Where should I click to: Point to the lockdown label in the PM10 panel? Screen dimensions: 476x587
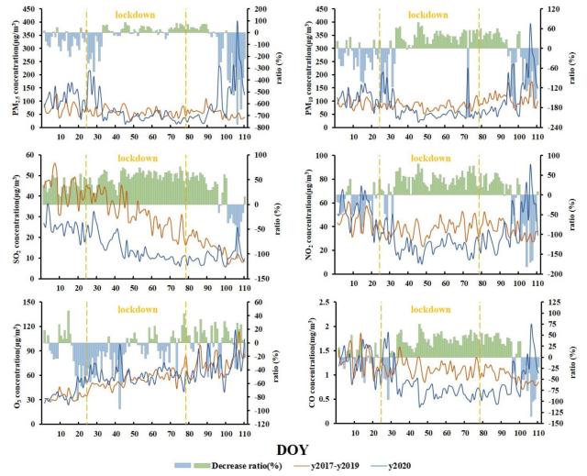(428, 15)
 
